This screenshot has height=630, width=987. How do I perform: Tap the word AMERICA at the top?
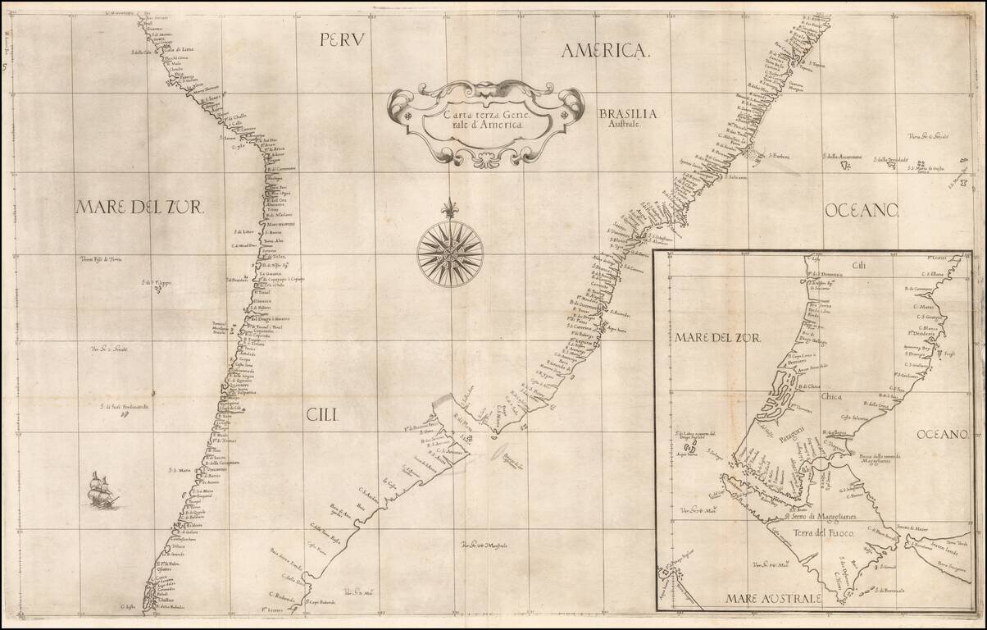tap(605, 51)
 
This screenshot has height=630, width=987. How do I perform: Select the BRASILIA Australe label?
tap(624, 120)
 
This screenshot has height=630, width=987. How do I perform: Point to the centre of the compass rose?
tap(449, 253)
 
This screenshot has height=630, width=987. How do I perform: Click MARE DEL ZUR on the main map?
tap(139, 207)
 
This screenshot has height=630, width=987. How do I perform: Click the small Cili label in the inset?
tap(858, 265)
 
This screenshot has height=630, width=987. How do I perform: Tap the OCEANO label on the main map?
tap(862, 212)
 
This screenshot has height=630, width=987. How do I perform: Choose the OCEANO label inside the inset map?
tap(944, 432)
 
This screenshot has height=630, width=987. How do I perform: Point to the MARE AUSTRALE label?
tap(773, 598)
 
